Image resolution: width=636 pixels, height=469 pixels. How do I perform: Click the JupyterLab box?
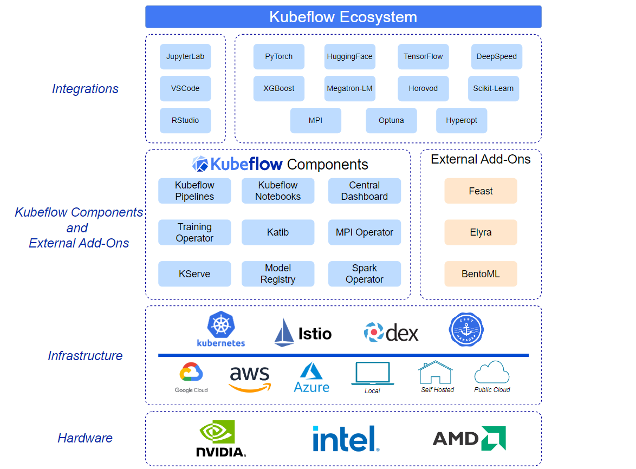pos(185,57)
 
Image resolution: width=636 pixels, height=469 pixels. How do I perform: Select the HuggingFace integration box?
pos(349,57)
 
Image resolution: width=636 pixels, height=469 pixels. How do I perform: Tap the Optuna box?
pos(391,121)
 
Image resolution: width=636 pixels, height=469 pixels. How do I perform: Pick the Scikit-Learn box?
pos(493,89)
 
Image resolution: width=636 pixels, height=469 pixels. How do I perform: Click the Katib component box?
pos(278,232)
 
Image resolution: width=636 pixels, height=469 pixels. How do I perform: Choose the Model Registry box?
pos(278,274)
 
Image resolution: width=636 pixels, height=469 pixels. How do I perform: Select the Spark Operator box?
pos(365,274)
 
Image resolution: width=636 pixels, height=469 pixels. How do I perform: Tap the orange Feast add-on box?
pos(481,191)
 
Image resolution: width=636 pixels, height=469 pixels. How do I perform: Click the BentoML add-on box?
pos(481,274)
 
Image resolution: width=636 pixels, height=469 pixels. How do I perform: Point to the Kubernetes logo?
pos(221,329)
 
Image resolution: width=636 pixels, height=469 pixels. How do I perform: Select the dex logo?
pos(391,333)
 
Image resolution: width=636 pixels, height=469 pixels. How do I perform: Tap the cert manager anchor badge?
pos(466,329)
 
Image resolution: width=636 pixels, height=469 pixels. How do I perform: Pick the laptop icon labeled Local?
pos(372,374)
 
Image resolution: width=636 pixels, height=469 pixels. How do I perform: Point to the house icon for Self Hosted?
pos(436,373)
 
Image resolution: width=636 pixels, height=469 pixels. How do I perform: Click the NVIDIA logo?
pos(220,439)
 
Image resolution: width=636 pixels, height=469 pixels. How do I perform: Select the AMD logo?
pos(469,438)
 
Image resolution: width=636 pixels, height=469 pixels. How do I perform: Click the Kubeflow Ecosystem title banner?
pos(343,17)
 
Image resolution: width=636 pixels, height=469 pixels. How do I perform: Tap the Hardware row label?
pos(85,438)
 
